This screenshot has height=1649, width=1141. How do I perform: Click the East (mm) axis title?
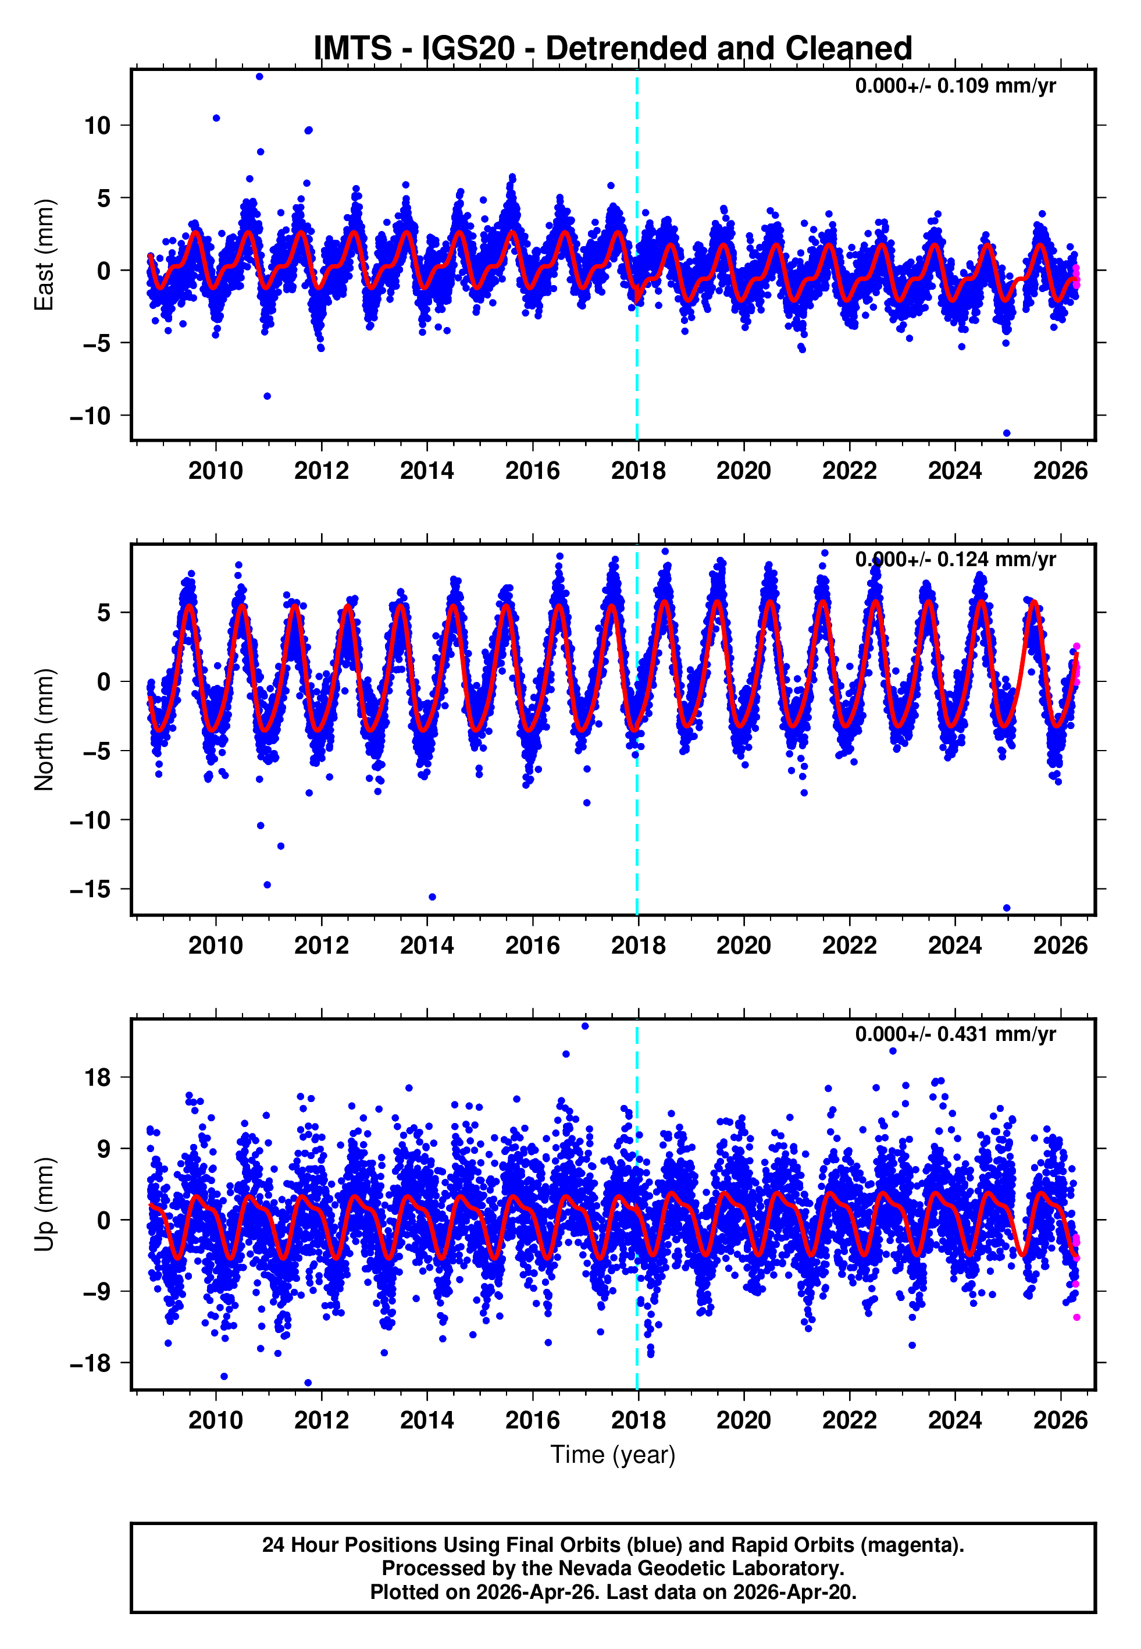[44, 255]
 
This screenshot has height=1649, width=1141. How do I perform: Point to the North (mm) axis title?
[44, 730]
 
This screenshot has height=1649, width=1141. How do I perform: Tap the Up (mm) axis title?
[44, 1204]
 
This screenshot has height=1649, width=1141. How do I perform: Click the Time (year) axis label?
[613, 1455]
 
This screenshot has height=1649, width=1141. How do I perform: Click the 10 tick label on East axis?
[97, 126]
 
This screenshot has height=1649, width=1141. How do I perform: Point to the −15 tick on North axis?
[90, 889]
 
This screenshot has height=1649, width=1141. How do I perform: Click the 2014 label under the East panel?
[427, 471]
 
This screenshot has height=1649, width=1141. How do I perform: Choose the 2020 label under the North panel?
[743, 946]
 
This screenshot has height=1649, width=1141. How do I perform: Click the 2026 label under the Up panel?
[1060, 1420]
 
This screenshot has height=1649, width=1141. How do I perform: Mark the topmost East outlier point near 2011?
[259, 76]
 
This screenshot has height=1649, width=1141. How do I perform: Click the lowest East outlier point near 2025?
[1007, 433]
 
